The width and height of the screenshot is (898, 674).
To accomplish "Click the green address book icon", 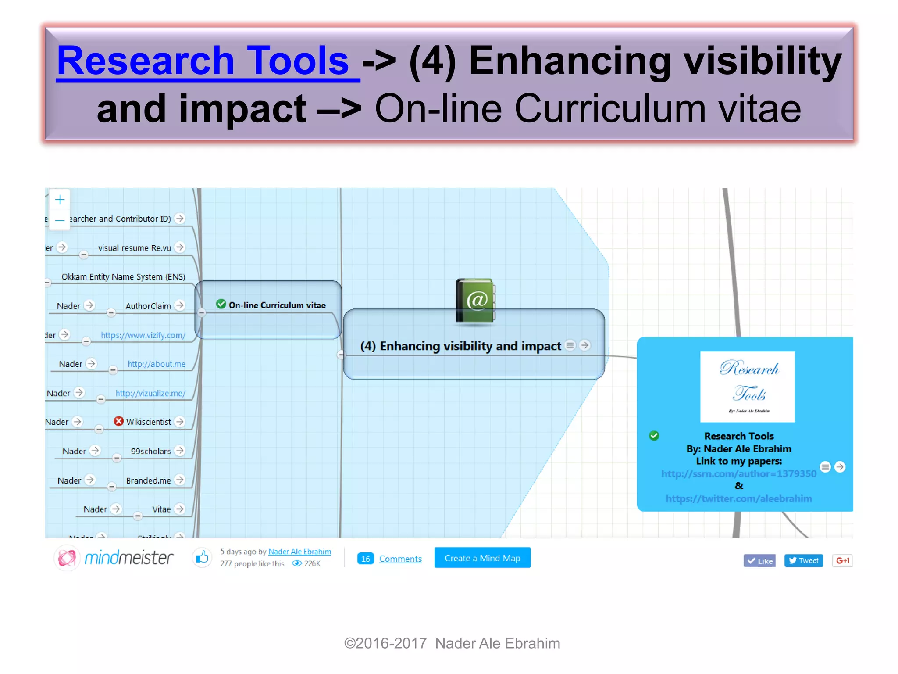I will [475, 301].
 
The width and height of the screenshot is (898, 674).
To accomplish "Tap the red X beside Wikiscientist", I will [118, 421].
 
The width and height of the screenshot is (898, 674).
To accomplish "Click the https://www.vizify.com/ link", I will [143, 335].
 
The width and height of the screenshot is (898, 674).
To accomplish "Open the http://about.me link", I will [156, 364].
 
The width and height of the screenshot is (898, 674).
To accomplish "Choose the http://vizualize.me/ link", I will [150, 394].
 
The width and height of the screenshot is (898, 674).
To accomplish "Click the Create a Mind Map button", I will [482, 558].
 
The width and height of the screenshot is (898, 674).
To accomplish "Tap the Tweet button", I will [803, 561].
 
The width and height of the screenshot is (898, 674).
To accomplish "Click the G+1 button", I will [842, 561].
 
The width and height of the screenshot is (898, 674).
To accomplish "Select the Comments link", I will [400, 559].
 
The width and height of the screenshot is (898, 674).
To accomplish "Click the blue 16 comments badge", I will [365, 559].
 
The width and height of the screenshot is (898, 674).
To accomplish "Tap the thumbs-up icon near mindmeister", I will [202, 558].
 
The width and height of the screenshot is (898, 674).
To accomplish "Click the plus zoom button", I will [60, 200].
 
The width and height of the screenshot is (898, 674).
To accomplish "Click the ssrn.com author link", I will [738, 474].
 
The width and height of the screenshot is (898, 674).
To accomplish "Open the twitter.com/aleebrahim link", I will [738, 499].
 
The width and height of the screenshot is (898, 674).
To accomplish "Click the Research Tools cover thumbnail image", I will [747, 387].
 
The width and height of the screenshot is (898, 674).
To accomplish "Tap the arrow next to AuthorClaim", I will [179, 305].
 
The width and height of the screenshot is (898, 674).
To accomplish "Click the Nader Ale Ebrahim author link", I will [299, 552].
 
